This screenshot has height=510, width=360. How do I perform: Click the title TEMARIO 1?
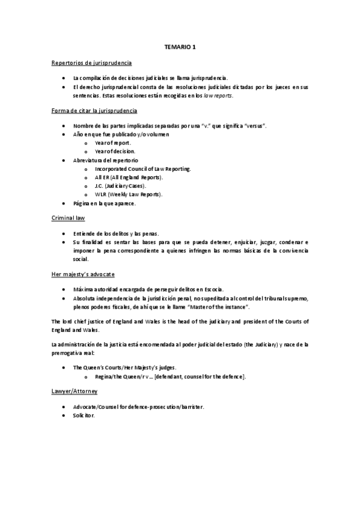[180, 46]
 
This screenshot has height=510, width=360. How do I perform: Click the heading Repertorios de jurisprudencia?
[91, 63]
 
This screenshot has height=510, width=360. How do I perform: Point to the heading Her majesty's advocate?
[87, 273]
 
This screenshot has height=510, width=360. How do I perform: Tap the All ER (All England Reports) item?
[129, 177]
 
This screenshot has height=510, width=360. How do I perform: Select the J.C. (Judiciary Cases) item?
[120, 186]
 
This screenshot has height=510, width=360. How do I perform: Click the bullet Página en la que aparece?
[104, 203]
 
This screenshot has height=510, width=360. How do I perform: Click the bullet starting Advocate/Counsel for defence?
[138, 407]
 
